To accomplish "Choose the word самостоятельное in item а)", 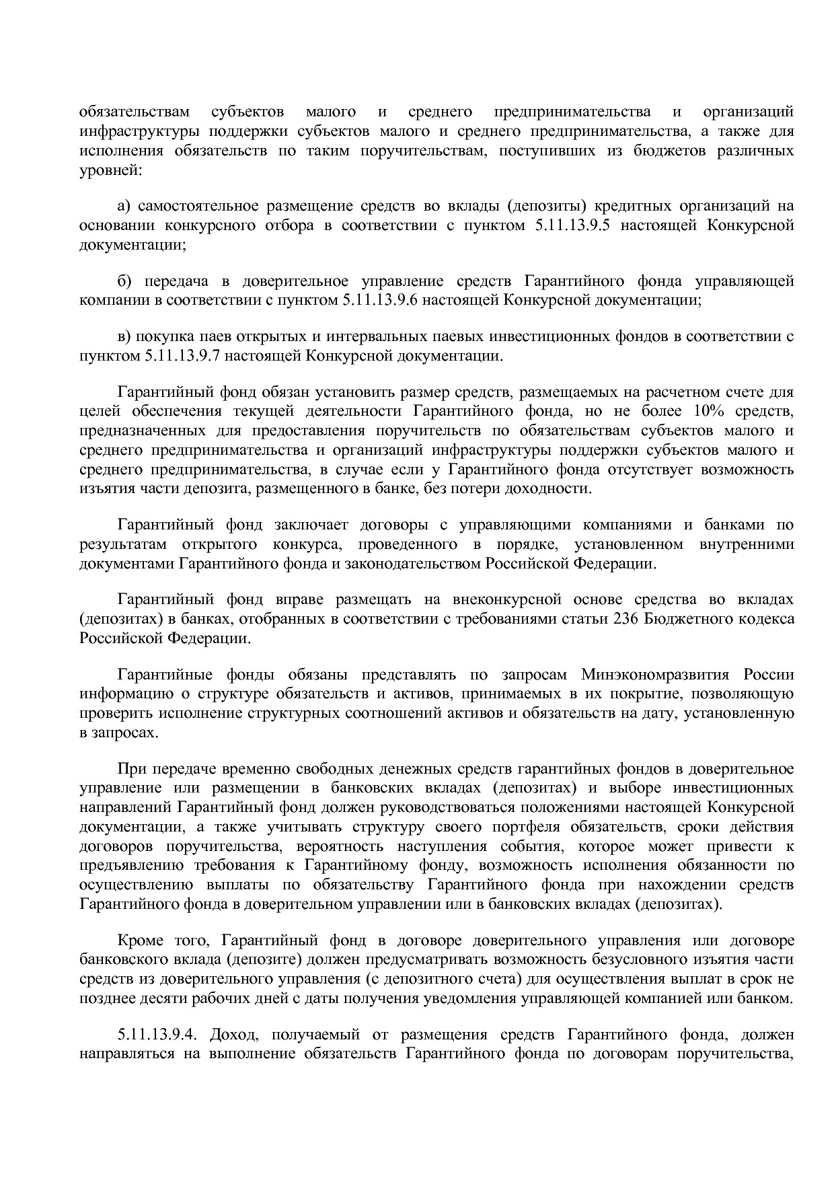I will [x=197, y=206].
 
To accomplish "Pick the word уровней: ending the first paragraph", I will [x=110, y=170].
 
